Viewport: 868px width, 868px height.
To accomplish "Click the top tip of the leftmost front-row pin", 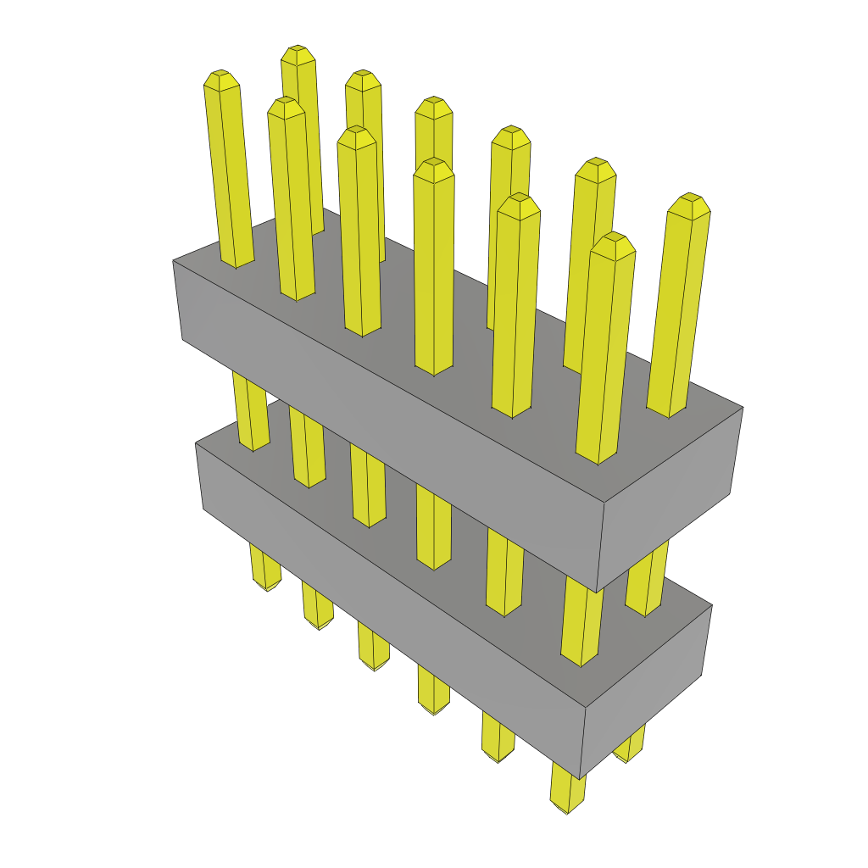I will tap(221, 76).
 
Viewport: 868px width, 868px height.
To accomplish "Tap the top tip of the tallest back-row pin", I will tap(298, 52).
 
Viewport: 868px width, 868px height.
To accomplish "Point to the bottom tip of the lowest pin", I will tap(567, 810).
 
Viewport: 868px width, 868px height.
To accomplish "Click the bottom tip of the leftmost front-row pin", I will tap(267, 587).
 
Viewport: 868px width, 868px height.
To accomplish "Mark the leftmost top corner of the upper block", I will tap(174, 260).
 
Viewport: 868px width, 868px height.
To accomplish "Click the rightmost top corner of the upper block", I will tap(743, 408).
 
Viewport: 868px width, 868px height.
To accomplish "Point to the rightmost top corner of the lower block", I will tap(711, 605).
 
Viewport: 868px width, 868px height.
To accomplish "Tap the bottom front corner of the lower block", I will tap(580, 778).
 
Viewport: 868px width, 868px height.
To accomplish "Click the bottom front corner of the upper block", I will tap(597, 592).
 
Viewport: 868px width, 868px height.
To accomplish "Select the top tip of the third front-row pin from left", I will tap(356, 134).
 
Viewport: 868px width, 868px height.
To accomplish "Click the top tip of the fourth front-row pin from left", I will tap(433, 164).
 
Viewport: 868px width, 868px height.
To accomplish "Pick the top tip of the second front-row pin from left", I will tap(286, 103).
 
